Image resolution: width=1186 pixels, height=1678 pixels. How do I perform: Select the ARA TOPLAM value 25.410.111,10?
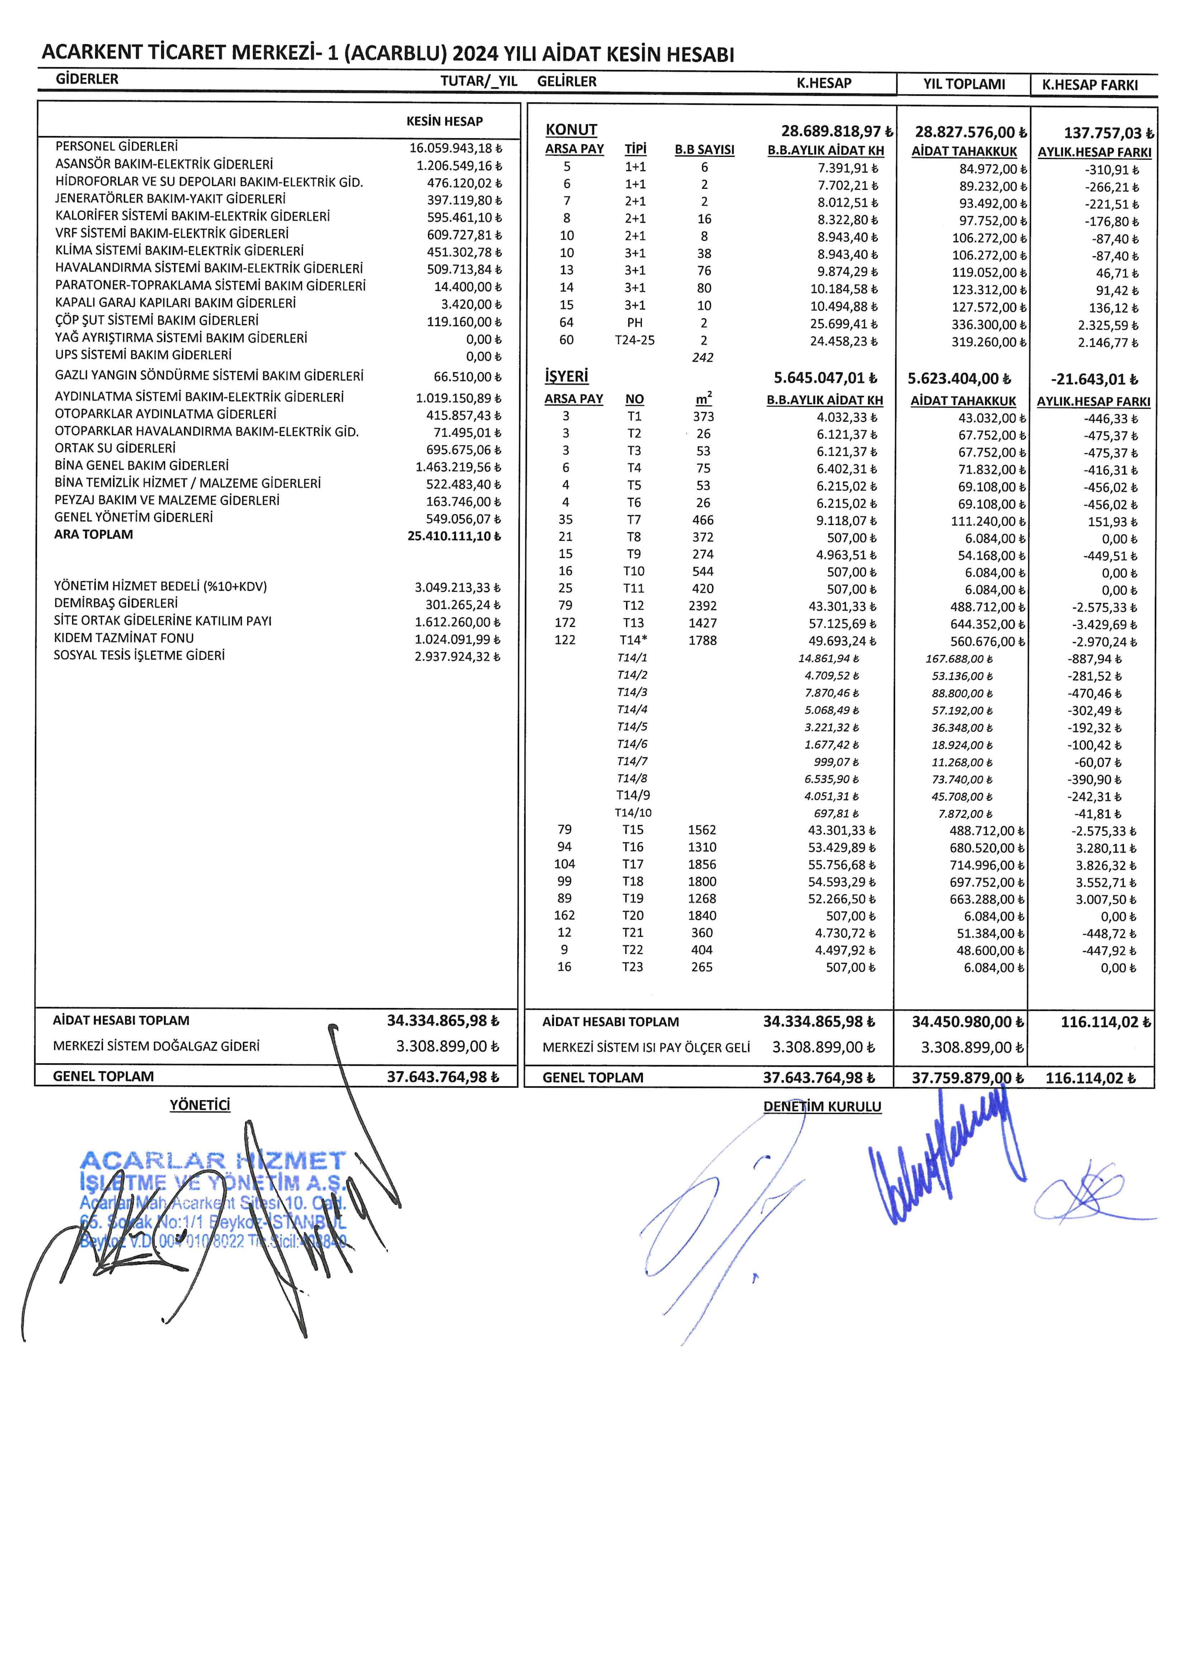454,536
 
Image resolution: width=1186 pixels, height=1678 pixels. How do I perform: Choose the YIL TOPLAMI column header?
964,84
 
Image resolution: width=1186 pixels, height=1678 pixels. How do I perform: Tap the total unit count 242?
702,357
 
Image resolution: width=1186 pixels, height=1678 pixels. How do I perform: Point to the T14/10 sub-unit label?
633,813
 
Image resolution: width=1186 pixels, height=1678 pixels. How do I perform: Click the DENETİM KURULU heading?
822,1106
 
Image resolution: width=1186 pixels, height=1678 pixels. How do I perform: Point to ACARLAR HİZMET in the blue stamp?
212,1160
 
